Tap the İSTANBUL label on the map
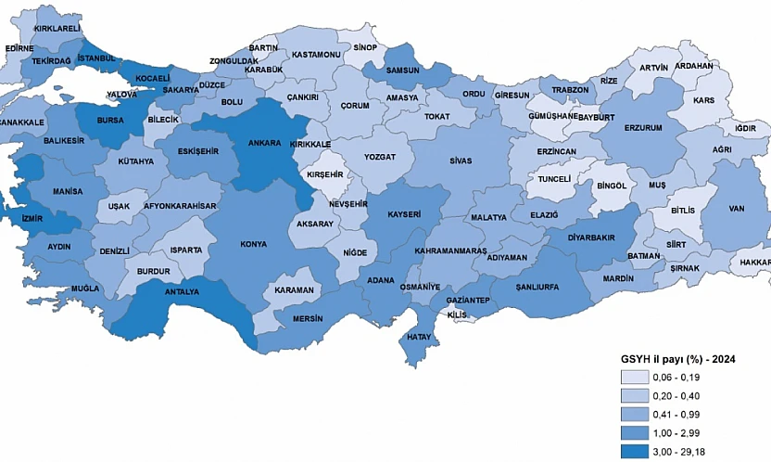96,58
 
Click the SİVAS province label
448,160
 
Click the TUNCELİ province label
554,177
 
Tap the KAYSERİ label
404,214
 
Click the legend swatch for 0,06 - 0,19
638,377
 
